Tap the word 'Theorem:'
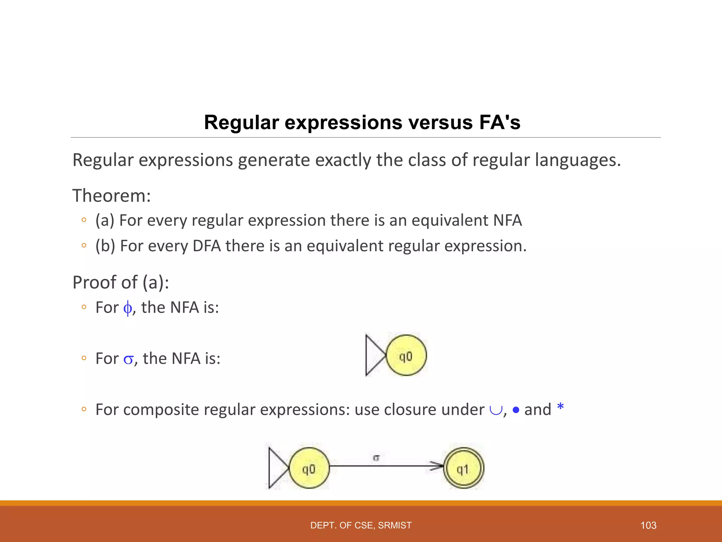111,196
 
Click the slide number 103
648,525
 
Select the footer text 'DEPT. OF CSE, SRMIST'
361,525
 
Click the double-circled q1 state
463,468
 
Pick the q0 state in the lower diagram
309,468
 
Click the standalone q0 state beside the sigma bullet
406,355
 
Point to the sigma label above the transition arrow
376,458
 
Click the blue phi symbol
128,308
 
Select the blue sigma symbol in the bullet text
128,360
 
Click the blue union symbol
495,410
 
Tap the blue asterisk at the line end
560,407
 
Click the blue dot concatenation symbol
516,410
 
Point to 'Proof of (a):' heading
121,282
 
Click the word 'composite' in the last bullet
161,410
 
